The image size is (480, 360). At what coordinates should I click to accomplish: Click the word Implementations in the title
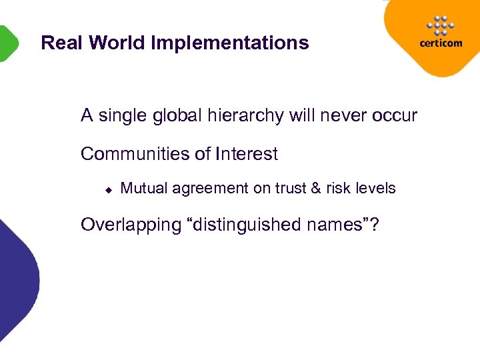tap(230, 44)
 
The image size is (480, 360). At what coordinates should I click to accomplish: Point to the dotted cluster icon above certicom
tap(439, 25)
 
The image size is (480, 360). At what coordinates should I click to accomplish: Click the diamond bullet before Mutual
tap(107, 189)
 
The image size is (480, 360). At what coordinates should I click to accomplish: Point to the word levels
tap(374, 189)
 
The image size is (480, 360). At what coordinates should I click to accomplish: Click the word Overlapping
tap(127, 225)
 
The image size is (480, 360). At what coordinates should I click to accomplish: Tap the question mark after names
tap(374, 225)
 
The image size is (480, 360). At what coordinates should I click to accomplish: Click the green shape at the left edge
tap(7, 43)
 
